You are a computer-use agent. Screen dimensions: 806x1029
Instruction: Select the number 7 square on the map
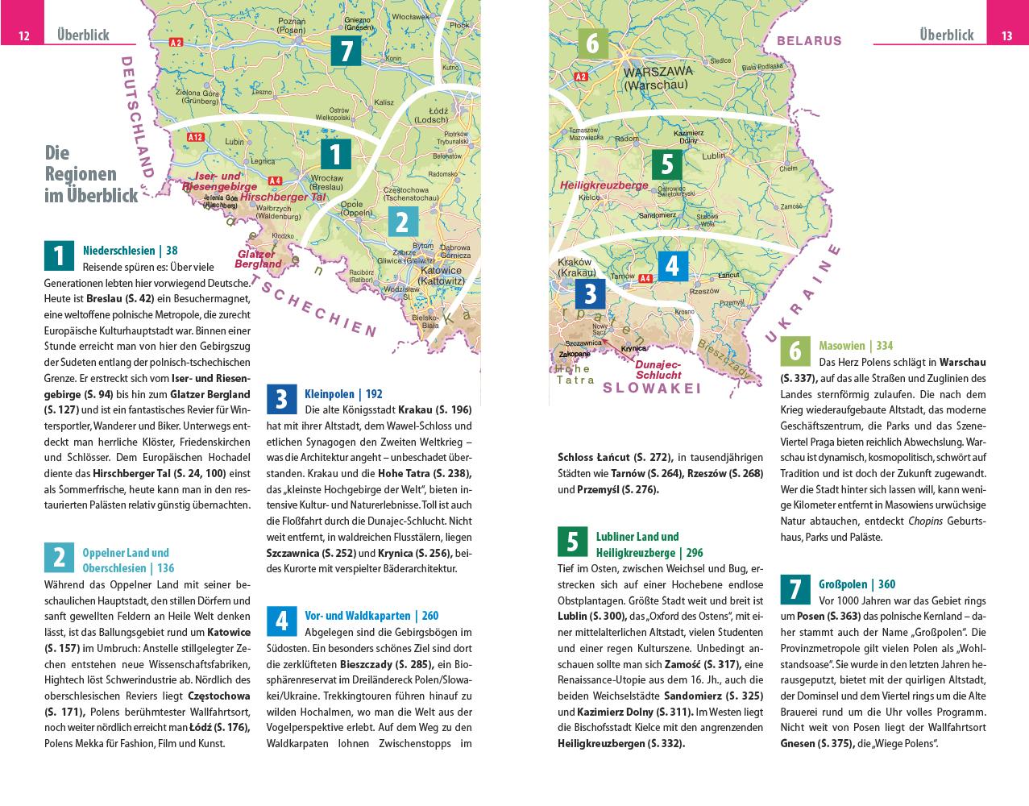346,51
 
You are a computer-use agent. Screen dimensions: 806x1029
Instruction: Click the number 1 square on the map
336,155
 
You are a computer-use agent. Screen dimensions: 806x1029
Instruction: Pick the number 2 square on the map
402,222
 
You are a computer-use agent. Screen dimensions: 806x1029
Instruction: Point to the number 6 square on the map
593,43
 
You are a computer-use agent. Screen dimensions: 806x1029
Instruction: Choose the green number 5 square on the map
667,164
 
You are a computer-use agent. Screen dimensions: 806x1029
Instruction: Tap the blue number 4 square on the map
673,266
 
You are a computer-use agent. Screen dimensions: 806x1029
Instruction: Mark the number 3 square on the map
591,293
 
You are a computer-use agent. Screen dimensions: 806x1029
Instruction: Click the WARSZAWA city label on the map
656,72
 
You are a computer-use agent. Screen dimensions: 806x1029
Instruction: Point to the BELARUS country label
809,40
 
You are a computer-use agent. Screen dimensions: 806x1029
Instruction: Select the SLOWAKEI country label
651,388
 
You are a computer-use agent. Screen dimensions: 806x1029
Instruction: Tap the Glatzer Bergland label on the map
259,259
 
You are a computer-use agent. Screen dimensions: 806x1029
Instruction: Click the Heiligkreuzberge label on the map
604,185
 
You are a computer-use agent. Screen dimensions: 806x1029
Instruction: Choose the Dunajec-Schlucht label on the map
658,369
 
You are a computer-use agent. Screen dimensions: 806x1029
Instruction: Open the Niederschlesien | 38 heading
130,251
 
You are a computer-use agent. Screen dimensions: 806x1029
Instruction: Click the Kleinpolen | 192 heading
343,394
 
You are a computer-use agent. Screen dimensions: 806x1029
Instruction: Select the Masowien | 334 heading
856,346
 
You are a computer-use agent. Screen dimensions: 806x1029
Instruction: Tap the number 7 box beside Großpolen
795,590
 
